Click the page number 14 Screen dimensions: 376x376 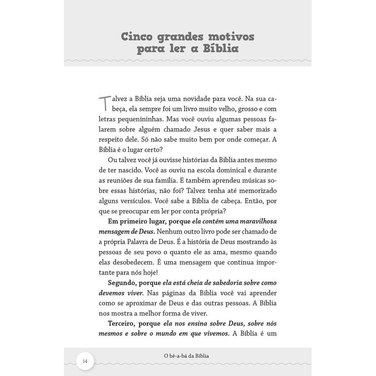click(x=85, y=361)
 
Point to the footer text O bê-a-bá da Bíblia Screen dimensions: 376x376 click(x=188, y=355)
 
